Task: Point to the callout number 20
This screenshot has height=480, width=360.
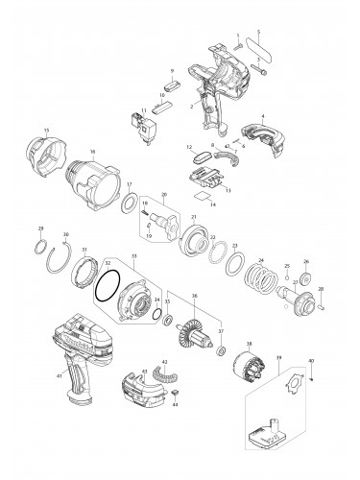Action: coord(164,196)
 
